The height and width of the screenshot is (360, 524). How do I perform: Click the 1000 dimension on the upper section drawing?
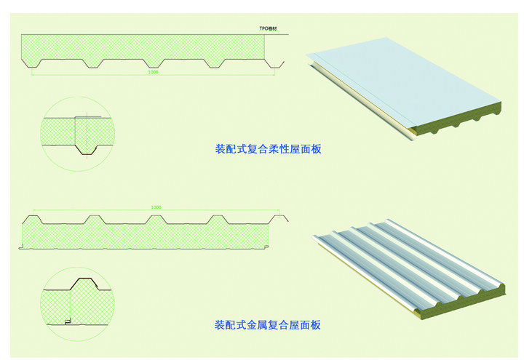(x=153, y=72)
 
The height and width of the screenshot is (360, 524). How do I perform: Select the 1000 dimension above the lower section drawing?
(x=155, y=208)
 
